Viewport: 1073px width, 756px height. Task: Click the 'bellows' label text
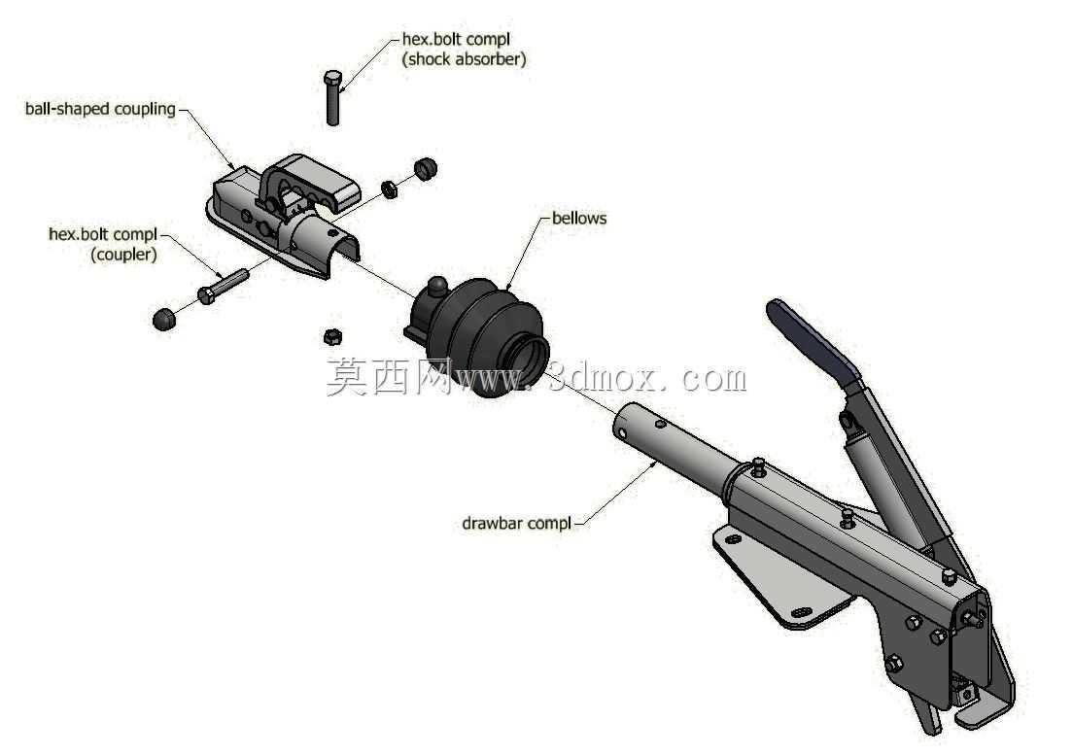579,219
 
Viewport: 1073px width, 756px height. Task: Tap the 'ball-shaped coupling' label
101,110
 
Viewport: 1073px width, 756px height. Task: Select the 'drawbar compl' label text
517,524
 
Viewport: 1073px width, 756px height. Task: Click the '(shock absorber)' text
464,59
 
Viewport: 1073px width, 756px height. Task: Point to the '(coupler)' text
123,255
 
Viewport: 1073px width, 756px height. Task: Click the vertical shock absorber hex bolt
332,97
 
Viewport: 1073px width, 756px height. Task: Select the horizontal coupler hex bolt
224,286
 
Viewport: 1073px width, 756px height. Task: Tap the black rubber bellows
479,336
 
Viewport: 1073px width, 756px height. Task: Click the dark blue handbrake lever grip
813,341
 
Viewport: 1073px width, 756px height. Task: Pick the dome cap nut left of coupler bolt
164,320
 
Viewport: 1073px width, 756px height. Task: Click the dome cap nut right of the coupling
425,169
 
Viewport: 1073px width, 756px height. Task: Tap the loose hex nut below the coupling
332,336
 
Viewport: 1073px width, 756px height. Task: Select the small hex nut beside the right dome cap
389,189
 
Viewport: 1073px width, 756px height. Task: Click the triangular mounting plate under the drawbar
780,578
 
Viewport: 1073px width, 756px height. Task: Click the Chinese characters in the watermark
389,377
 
